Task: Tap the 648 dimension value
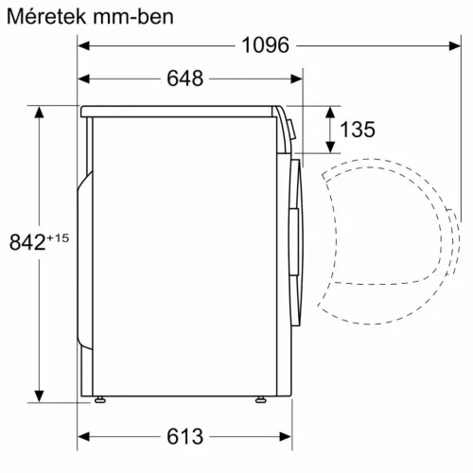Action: [185, 79]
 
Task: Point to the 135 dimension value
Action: [359, 129]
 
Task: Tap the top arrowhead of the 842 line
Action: [40, 112]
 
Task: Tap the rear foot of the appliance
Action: [98, 401]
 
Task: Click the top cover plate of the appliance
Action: [180, 111]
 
